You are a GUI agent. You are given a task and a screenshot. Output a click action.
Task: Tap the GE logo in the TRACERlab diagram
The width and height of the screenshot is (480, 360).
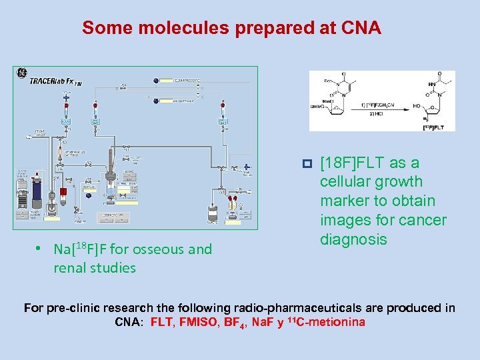click(x=21, y=73)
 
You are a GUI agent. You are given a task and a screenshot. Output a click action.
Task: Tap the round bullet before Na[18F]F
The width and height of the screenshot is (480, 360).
click(x=39, y=249)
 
